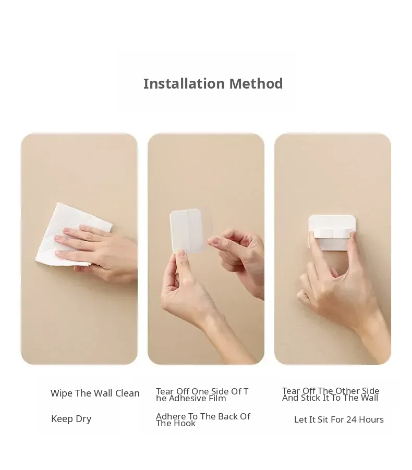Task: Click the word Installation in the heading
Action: coord(184,83)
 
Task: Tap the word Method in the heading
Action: coord(256,83)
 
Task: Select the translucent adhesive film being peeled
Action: coord(192,230)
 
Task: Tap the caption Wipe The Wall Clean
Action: coord(95,393)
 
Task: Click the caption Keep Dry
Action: coord(71,419)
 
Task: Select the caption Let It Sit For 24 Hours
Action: coord(339,419)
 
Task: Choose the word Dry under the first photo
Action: coord(83,419)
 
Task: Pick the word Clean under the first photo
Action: coord(128,393)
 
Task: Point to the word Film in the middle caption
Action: coord(217,399)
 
